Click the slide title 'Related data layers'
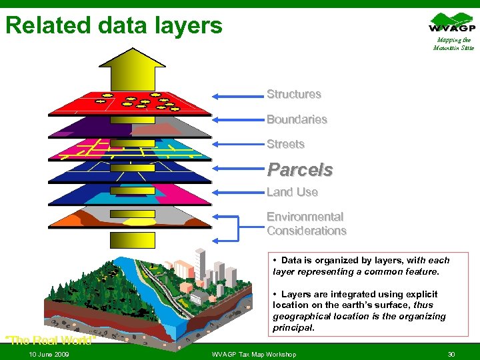coord(114,25)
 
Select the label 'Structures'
coord(293,95)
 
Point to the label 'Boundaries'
coord(297,120)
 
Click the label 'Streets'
coord(285,144)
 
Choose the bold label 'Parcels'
coord(299,170)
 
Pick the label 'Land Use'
coord(292,192)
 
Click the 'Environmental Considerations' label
coord(306,224)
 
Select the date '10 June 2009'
coord(49,354)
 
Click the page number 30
coord(451,354)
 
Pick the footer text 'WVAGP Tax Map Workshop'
coord(253,354)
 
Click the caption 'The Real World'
coord(51,340)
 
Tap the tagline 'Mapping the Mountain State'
coord(453,44)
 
